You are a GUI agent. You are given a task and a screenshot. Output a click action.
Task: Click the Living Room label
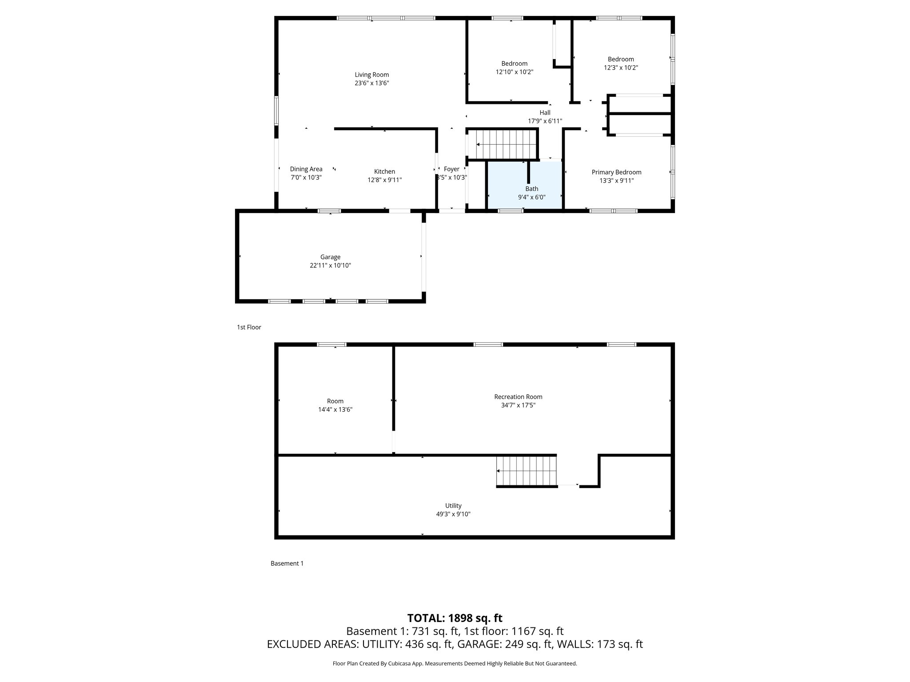pyautogui.click(x=371, y=75)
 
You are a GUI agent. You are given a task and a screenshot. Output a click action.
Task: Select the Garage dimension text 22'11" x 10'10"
pyautogui.click(x=330, y=266)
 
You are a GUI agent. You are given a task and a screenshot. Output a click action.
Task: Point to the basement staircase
pyautogui.click(x=527, y=471)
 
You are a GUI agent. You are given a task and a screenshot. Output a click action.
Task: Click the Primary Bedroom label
pyautogui.click(x=616, y=172)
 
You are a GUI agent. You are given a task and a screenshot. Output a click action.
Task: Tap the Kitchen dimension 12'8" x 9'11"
pyautogui.click(x=384, y=180)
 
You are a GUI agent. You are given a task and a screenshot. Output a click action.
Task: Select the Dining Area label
pyautogui.click(x=306, y=169)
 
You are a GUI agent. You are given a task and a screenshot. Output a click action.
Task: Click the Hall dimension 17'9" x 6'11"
pyautogui.click(x=545, y=121)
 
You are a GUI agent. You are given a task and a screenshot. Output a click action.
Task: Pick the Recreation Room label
pyautogui.click(x=518, y=397)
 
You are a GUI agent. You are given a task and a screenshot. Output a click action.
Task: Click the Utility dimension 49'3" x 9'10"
pyautogui.click(x=453, y=514)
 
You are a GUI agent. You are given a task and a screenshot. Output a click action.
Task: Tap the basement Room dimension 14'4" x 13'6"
pyautogui.click(x=335, y=409)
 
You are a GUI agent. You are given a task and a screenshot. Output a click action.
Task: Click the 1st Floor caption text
pyautogui.click(x=249, y=327)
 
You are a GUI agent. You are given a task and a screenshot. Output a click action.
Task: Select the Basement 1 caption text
pyautogui.click(x=287, y=563)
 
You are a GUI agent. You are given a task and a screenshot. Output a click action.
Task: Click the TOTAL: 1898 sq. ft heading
pyautogui.click(x=455, y=618)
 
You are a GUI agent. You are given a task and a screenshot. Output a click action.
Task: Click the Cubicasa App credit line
pyautogui.click(x=455, y=664)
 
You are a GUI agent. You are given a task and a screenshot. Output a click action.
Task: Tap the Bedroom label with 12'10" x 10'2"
pyautogui.click(x=514, y=63)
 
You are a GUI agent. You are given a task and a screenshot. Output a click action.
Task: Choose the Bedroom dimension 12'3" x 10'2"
pyautogui.click(x=621, y=67)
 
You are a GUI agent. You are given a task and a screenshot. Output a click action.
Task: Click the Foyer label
pyautogui.click(x=451, y=169)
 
